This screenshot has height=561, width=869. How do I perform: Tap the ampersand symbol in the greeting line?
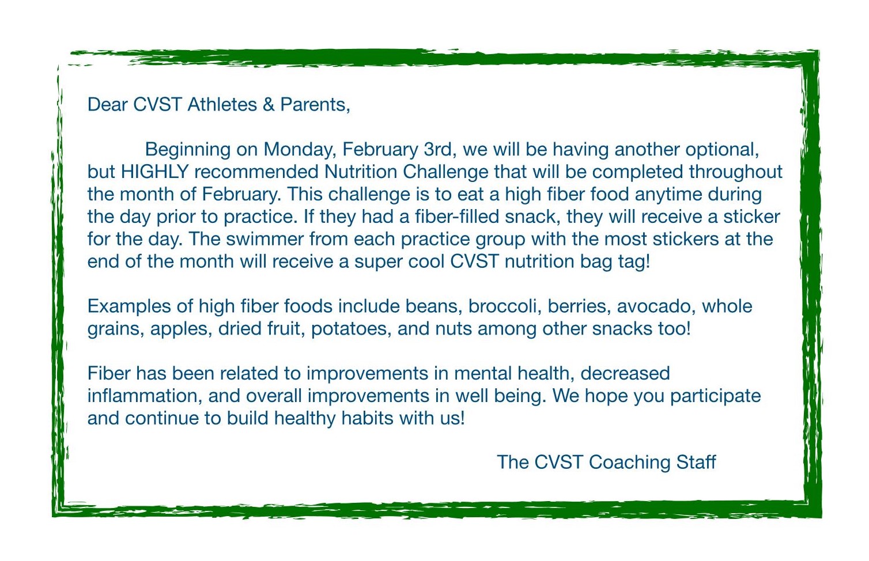click(269, 105)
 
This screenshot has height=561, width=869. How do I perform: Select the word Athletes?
click(222, 105)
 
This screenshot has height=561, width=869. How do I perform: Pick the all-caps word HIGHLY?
click(155, 172)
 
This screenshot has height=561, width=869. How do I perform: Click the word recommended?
click(256, 172)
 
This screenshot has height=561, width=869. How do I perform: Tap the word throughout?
click(735, 172)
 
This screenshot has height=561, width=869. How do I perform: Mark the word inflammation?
click(145, 396)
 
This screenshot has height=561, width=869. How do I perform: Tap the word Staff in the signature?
click(696, 463)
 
